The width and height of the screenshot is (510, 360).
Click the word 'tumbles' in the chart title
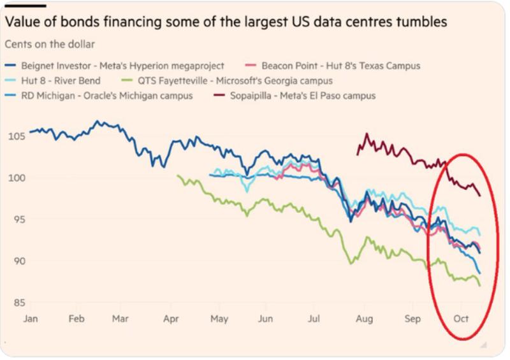click(421, 22)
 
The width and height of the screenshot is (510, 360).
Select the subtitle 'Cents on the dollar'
click(50, 44)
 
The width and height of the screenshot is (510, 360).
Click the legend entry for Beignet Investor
click(115, 66)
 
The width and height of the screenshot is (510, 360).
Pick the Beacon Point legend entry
click(332, 66)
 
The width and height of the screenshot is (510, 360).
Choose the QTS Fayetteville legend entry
click(226, 81)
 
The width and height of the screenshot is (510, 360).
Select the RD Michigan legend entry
click(99, 96)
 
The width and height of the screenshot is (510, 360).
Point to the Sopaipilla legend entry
click(295, 96)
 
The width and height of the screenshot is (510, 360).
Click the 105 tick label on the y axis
click(17, 136)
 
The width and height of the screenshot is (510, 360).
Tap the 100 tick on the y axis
click(17, 178)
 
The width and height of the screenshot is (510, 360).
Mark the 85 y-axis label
click(19, 303)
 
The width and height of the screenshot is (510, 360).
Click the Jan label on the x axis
click(30, 319)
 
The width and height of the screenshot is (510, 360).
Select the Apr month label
click(171, 319)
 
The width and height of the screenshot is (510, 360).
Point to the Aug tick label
click(364, 319)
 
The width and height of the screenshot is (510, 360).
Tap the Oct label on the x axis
click(461, 319)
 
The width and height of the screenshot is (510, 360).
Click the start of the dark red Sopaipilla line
click(358, 154)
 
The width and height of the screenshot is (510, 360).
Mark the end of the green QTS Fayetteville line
click(480, 285)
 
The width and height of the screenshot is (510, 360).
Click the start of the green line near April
click(178, 176)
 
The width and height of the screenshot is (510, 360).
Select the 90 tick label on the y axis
click(19, 261)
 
